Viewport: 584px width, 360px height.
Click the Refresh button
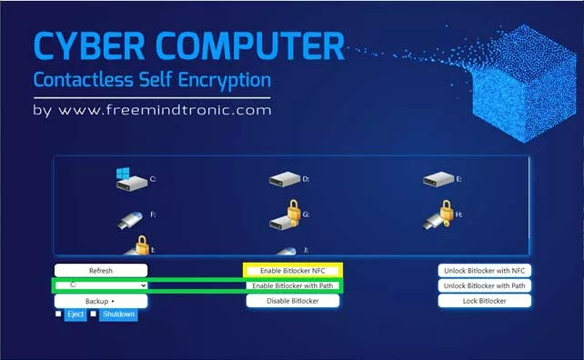click(101, 271)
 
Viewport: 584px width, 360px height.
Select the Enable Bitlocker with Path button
click(293, 286)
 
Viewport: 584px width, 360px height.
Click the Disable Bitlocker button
click(293, 301)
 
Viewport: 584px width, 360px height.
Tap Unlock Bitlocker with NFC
click(485, 271)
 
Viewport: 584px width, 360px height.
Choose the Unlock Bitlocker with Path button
click(485, 285)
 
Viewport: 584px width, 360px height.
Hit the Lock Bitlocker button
click(485, 301)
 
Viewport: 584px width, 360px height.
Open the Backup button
click(101, 301)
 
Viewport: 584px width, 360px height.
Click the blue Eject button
click(76, 315)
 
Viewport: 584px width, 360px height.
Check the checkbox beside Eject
click(58, 314)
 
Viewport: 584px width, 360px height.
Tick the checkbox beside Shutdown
click(93, 314)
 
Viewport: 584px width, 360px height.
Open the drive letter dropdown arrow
click(144, 285)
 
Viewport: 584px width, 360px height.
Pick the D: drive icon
click(285, 179)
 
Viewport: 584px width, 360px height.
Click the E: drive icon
click(438, 179)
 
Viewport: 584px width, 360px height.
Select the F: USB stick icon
click(130, 220)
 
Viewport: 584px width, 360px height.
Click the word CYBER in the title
click(89, 46)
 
